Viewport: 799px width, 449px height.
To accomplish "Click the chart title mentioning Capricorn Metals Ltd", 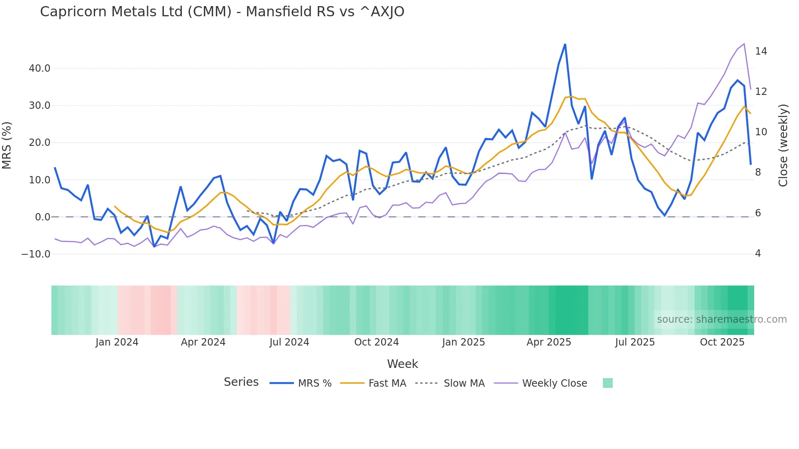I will (x=222, y=12).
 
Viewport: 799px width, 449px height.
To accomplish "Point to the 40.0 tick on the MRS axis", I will (x=40, y=68).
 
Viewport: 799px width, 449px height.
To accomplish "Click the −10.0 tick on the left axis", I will (x=36, y=254).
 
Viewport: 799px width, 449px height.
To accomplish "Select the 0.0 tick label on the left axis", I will (x=42, y=217).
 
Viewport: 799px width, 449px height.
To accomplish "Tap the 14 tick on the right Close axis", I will (x=761, y=51).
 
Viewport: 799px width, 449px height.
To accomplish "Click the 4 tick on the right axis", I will (x=758, y=253).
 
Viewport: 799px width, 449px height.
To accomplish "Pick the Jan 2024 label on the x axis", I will (x=117, y=342).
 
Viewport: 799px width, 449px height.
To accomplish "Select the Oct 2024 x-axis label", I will (x=376, y=342).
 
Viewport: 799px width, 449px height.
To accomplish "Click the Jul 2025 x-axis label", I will (x=635, y=342).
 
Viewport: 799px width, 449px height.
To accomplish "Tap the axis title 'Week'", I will (x=402, y=364).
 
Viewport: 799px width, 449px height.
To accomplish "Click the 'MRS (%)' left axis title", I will (x=7, y=145).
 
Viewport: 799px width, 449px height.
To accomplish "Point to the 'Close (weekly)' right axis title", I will (x=783, y=145).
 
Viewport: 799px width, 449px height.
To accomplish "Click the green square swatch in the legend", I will (x=607, y=383).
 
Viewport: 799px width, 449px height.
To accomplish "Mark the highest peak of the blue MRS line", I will (x=565, y=44).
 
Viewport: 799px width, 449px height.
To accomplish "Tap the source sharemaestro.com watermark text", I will (x=722, y=319).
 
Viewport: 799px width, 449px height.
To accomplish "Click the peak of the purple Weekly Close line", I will (x=744, y=44).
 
